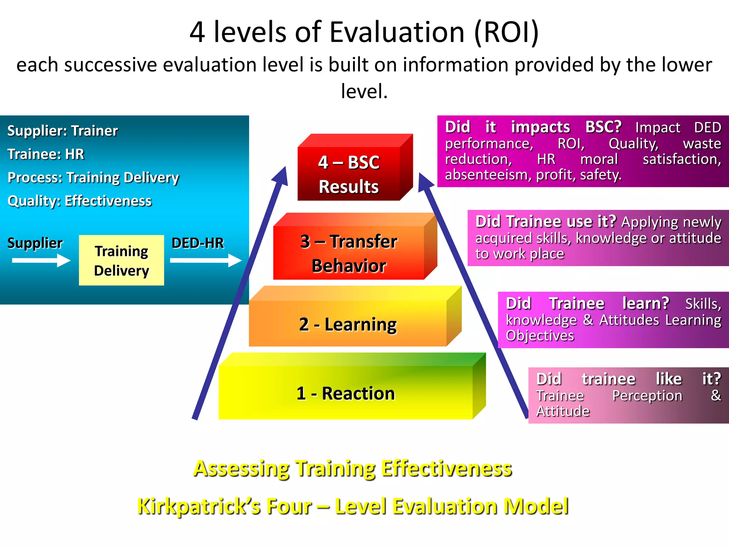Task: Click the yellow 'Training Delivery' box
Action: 121,260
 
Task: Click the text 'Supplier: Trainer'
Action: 62,131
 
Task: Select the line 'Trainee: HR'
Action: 46,154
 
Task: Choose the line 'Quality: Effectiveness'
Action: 79,201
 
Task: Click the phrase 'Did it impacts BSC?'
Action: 533,127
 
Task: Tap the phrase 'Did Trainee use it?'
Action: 545,222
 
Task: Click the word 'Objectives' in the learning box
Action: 540,335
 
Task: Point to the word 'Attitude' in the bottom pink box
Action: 563,411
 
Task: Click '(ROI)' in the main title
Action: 506,32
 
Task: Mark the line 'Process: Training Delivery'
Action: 93,177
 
